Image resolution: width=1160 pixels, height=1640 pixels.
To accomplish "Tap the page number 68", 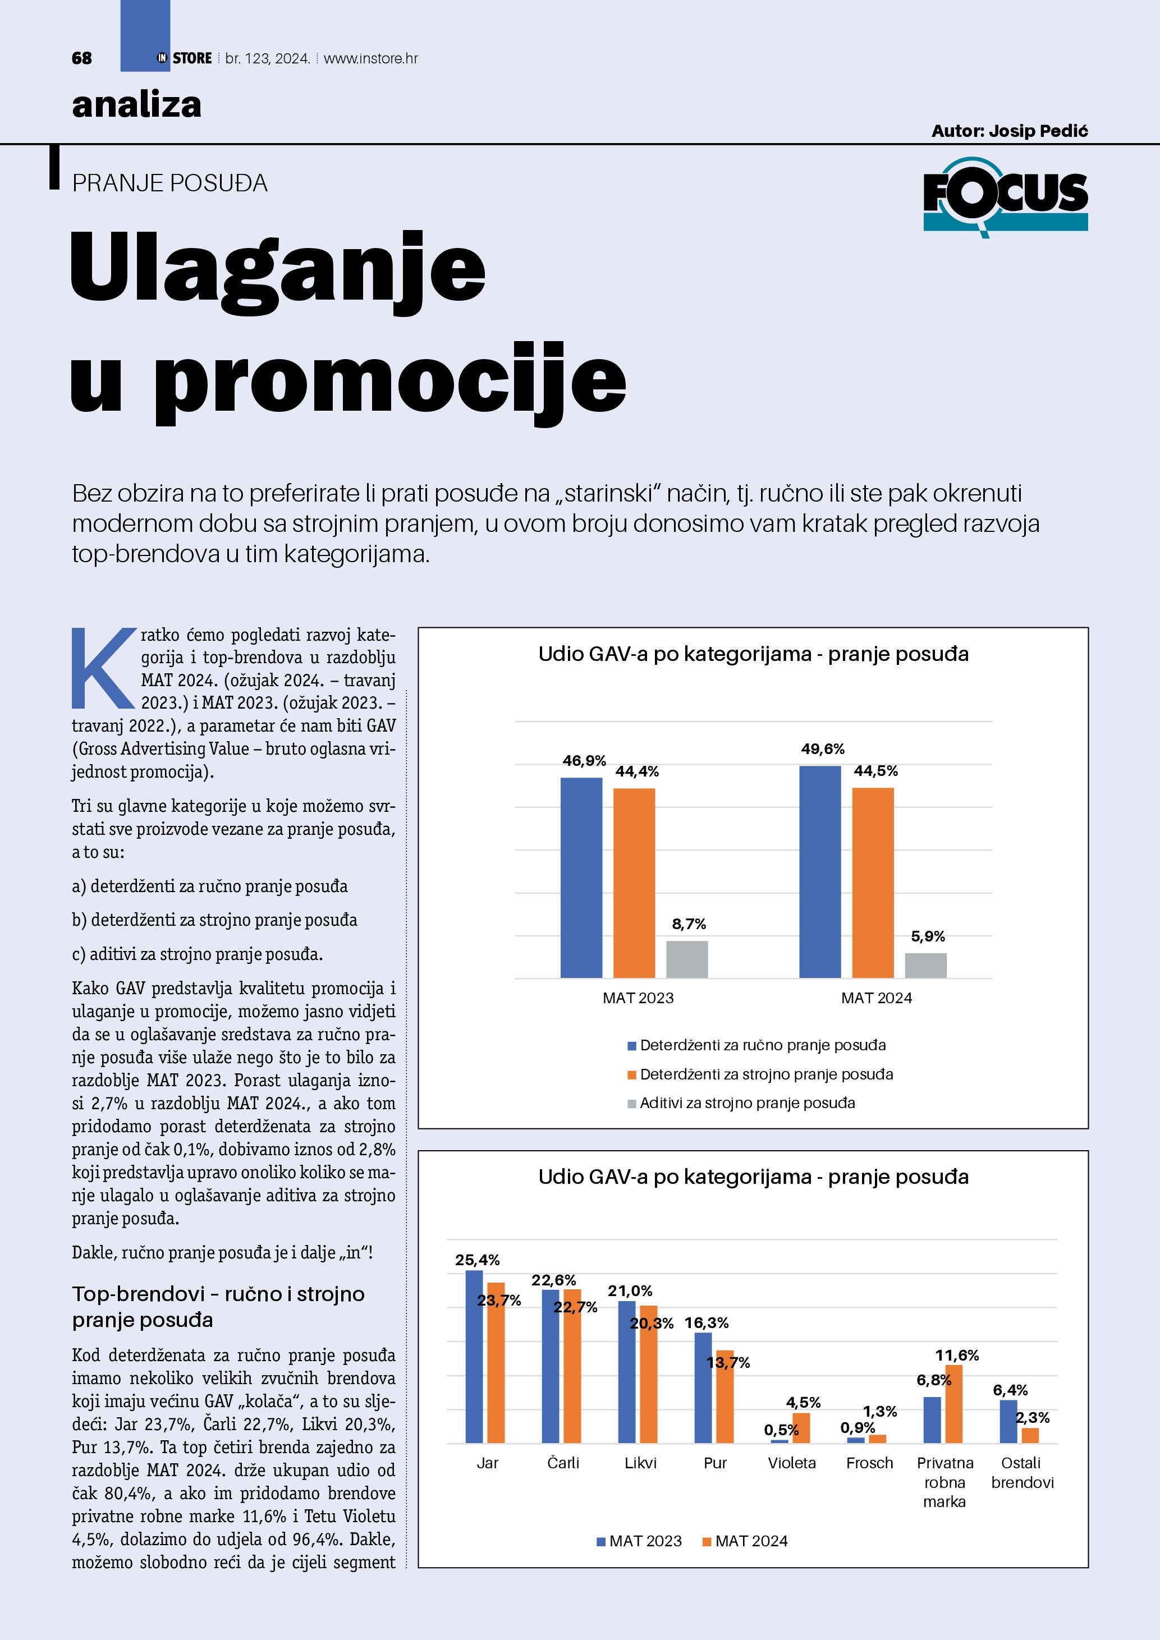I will coord(81,58).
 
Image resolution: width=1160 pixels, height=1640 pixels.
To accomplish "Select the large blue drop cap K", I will coord(104,667).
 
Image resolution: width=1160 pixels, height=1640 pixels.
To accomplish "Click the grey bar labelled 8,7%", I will coord(686,959).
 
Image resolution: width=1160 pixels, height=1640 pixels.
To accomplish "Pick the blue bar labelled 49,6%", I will coord(819,871).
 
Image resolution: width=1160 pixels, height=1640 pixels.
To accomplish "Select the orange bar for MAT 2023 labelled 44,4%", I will coord(634,883).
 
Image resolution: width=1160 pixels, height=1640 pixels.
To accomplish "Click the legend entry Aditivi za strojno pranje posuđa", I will coord(746,1103).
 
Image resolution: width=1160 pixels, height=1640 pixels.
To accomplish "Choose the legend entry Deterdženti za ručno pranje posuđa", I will coord(762,1045).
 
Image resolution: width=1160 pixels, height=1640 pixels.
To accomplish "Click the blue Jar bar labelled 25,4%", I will coord(474,1357).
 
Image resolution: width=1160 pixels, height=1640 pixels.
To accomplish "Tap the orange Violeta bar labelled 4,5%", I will coord(801,1428).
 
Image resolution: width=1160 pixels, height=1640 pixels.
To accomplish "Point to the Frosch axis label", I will coord(869,1463).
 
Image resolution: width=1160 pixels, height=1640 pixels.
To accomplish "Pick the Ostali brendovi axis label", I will coord(1021,1472).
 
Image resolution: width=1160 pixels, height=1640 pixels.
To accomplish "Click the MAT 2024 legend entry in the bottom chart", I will coord(750,1541).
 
